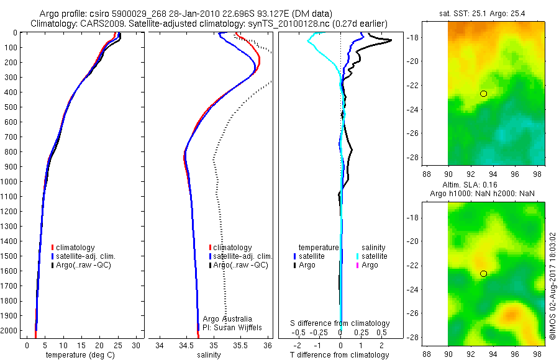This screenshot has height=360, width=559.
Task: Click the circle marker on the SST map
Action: tap(483, 94)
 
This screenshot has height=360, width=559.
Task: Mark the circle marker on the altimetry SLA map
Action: tap(483, 274)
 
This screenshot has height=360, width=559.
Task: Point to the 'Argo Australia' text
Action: tap(229, 318)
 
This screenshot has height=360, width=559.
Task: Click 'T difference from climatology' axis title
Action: tap(340, 355)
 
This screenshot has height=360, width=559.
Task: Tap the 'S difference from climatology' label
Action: tap(340, 323)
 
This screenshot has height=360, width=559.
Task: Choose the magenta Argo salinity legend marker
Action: tap(358, 265)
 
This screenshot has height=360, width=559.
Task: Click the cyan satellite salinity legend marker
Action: tap(358, 256)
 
